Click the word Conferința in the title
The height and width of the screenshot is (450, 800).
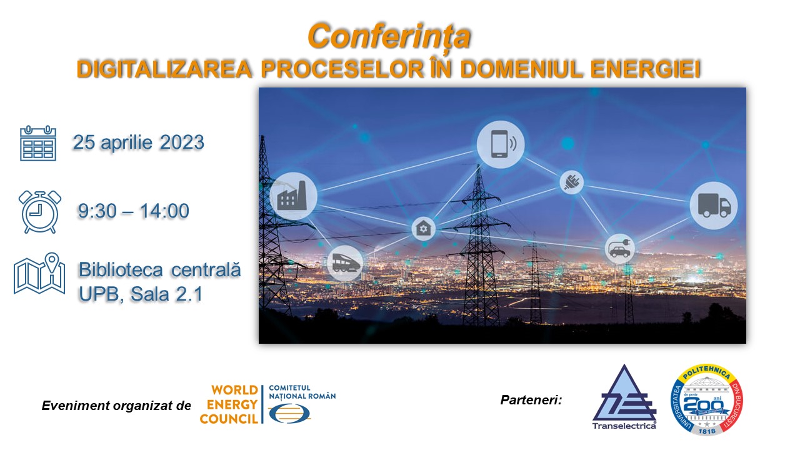click(389, 37)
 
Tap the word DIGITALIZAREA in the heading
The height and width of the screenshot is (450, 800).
click(164, 69)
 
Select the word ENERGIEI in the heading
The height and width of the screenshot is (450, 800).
click(646, 69)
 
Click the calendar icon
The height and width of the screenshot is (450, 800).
click(38, 143)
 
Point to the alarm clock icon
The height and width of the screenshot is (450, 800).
click(39, 212)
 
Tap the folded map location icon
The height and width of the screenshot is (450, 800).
click(39, 274)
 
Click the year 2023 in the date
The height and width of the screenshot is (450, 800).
click(182, 142)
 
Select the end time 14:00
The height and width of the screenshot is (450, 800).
click(164, 211)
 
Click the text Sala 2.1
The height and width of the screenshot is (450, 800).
click(166, 294)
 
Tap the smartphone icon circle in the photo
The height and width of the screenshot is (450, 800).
click(501, 144)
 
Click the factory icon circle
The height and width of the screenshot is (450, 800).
click(293, 196)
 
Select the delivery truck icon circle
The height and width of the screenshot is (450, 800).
click(713, 206)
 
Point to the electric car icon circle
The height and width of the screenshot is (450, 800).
click(619, 249)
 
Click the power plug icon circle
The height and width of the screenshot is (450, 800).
click(571, 182)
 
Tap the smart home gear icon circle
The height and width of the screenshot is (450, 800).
click(424, 228)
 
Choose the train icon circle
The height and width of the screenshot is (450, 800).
click(344, 263)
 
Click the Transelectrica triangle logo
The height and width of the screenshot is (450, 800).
click(624, 397)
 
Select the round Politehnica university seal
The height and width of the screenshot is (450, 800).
click(707, 399)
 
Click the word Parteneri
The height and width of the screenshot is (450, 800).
click(531, 400)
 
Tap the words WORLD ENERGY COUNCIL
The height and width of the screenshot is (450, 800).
click(229, 404)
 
